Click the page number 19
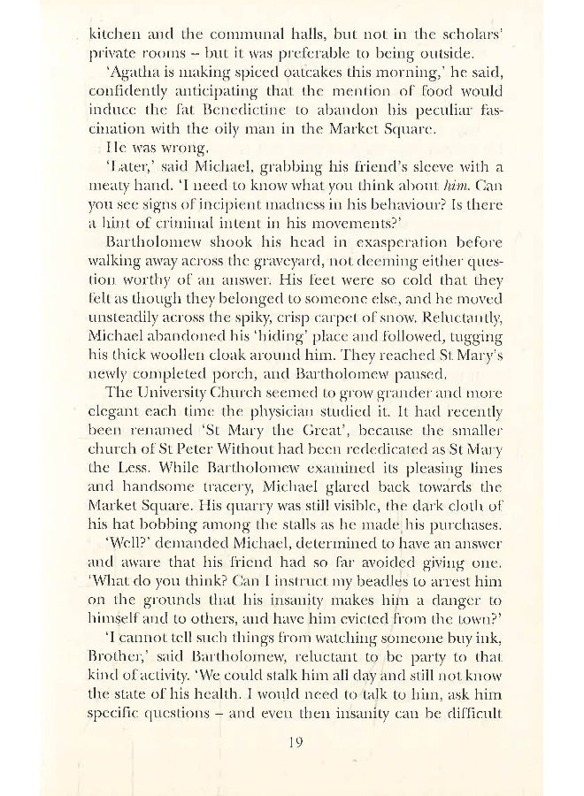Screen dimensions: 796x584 [x=297, y=742]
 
